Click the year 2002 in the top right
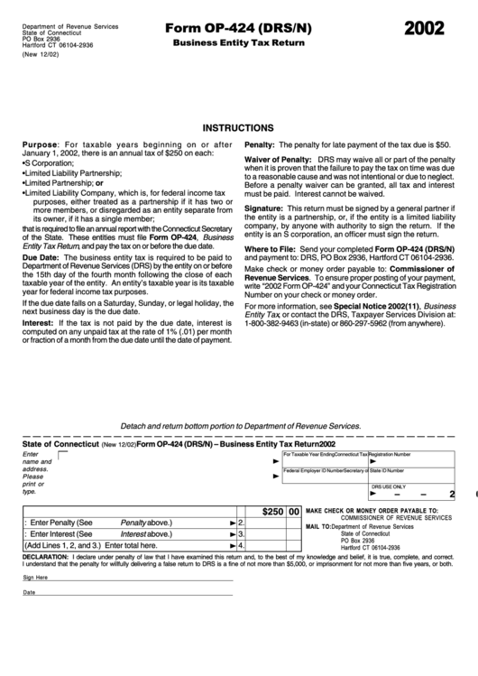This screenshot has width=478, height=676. coord(424,28)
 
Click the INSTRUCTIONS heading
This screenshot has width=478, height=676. coord(238,128)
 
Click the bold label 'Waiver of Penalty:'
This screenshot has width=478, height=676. coord(274,160)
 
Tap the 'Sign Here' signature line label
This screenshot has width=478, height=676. coord(35,577)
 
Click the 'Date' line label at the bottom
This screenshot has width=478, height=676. coord(29,592)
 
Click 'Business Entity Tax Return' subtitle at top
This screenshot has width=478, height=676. coord(238,42)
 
